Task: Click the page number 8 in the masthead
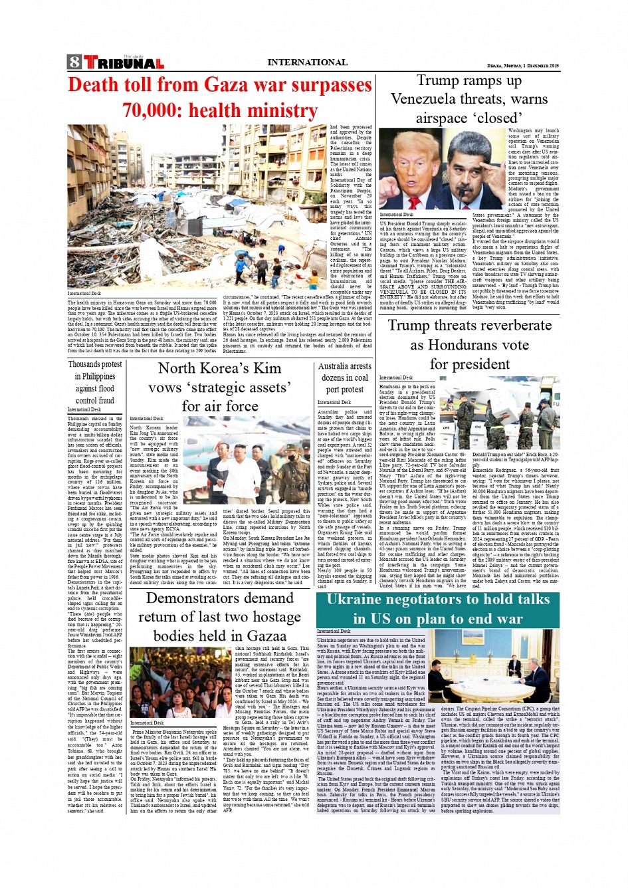(x=74, y=62)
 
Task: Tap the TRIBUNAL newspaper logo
(x=124, y=64)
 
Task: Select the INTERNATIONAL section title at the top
(x=307, y=62)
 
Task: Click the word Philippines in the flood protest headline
(x=94, y=376)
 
